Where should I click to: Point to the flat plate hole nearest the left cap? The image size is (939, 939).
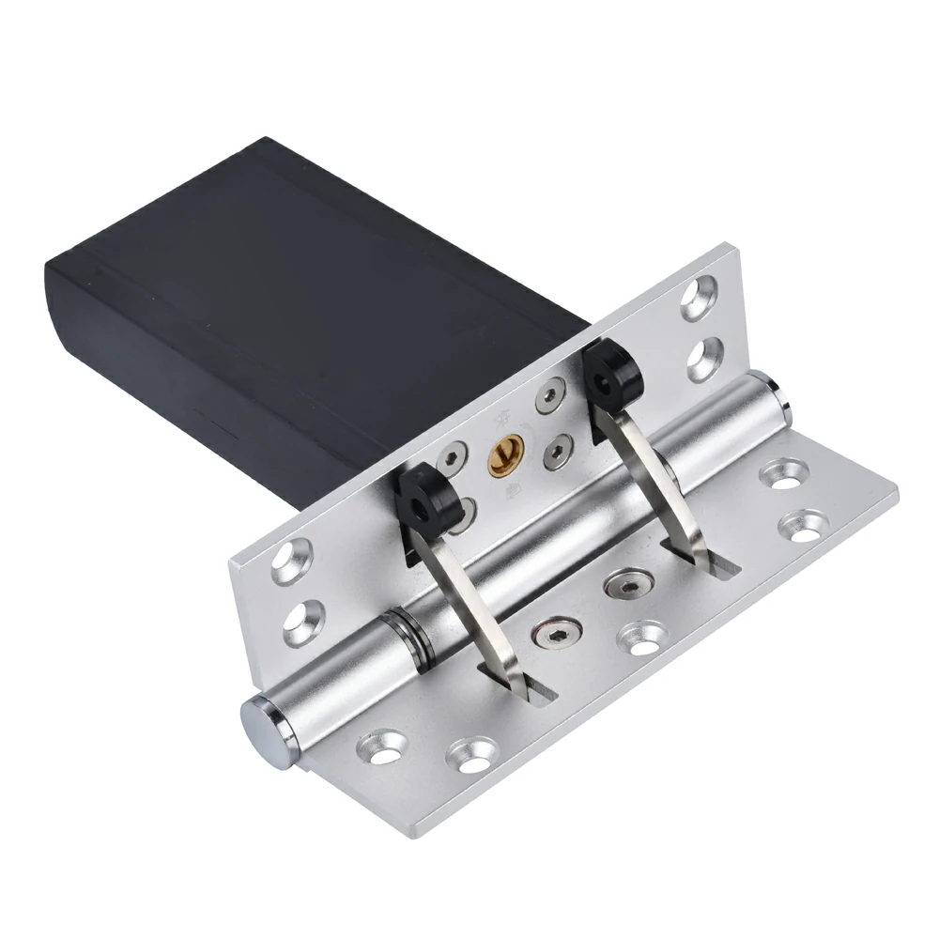click(x=379, y=750)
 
